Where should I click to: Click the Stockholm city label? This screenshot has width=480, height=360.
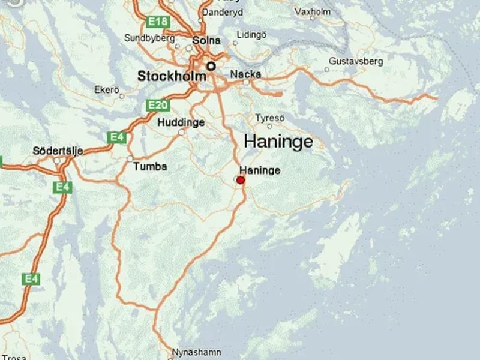pos(172,76)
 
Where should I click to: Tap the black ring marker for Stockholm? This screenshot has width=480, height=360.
pos(211,66)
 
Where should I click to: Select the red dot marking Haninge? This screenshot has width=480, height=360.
pos(241,180)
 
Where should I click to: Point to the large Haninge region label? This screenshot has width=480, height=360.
pos(278,142)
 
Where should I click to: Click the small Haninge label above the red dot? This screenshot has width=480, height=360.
pos(260,170)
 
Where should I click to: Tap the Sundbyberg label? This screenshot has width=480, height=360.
pos(149,37)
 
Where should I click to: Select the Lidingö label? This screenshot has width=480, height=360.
pos(251,35)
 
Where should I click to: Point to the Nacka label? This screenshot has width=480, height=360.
pos(246,74)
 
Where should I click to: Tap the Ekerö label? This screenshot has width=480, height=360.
pos(107,89)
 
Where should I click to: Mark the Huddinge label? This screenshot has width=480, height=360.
pos(181,122)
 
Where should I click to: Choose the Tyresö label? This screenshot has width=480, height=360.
pos(269,117)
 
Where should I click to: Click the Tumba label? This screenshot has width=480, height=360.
pos(150,166)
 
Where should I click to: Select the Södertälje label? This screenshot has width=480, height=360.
pos(58,151)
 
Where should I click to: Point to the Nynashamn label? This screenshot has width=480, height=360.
pos(197,352)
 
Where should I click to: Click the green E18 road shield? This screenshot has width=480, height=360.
pos(158,22)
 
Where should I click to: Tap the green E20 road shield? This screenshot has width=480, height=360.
pos(157,106)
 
